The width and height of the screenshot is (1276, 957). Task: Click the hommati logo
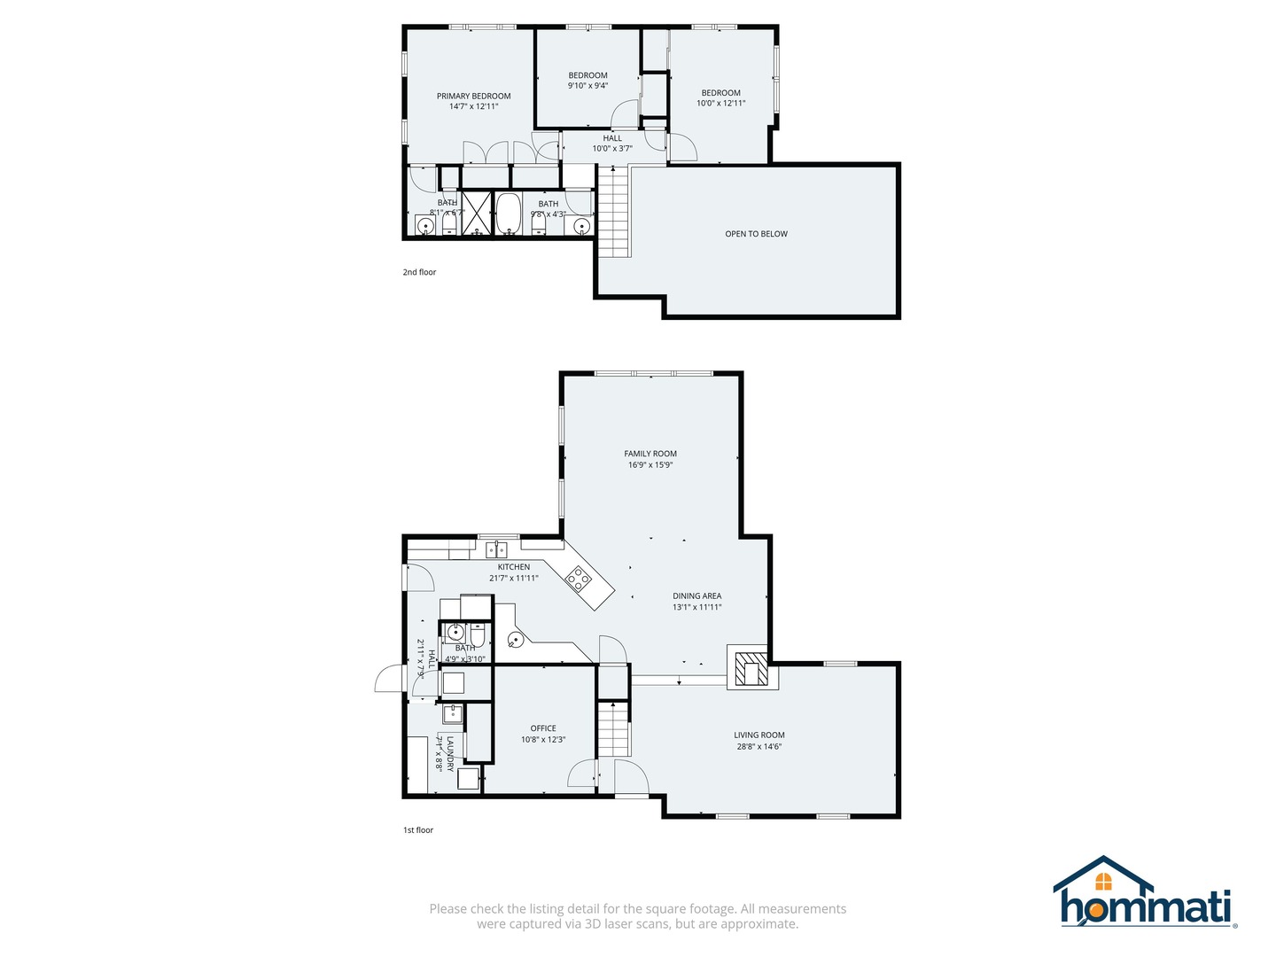point(1144,893)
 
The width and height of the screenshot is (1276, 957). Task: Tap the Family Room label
point(650,454)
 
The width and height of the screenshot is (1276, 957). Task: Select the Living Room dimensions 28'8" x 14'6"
point(759,747)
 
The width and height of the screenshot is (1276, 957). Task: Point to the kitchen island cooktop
point(579,580)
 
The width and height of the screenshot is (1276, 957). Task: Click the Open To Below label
point(756,234)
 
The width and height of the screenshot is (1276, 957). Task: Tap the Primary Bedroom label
point(473,96)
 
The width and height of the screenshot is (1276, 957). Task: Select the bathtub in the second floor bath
point(508,214)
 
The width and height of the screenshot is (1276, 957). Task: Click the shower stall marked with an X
point(477,213)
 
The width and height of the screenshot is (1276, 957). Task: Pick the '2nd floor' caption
point(419,272)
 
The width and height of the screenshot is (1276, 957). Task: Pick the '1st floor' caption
point(418,830)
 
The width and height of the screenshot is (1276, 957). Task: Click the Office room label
point(543,728)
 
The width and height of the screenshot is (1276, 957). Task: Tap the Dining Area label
point(696,596)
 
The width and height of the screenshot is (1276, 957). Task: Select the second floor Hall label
point(612,138)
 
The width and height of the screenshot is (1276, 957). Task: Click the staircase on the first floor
point(612,728)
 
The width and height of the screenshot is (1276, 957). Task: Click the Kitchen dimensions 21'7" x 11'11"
point(514,579)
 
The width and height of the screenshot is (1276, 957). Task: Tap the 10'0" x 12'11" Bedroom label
point(720,104)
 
